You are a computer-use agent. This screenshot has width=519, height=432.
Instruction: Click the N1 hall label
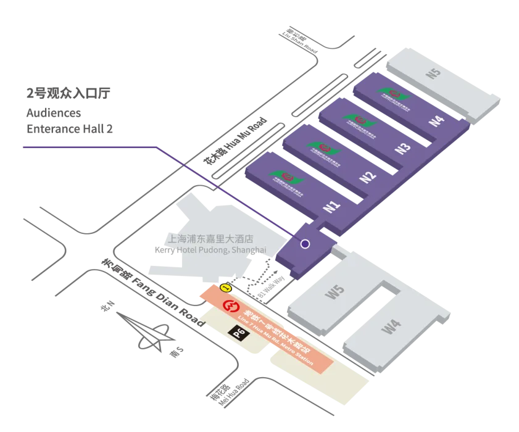(333, 204)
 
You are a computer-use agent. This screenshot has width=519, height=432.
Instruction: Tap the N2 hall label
(368, 176)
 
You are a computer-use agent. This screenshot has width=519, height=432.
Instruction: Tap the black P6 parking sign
(239, 333)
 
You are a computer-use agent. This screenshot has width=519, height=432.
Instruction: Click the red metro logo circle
(231, 307)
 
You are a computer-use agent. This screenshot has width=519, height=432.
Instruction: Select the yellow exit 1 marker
(225, 288)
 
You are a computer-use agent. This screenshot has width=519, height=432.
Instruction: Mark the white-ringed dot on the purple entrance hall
(305, 244)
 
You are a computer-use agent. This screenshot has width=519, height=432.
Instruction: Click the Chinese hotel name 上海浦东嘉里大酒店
(211, 238)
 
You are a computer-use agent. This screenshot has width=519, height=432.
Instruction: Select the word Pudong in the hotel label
(212, 250)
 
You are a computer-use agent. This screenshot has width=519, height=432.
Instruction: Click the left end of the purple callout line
(22, 146)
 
